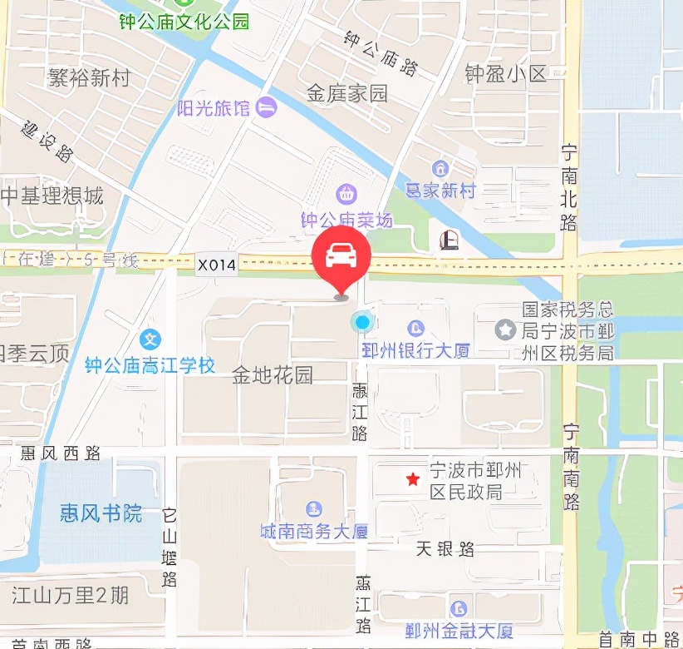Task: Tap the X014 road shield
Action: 217,265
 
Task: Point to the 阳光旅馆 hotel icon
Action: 267,107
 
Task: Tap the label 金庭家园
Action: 347,93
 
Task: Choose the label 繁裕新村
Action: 90,78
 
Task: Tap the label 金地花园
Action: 273,374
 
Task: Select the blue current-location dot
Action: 361,322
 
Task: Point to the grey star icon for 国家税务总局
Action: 504,329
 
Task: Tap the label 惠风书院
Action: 101,513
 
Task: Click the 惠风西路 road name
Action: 61,453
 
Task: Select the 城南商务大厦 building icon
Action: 313,508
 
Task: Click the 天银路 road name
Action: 445,549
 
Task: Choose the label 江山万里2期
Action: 71,595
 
